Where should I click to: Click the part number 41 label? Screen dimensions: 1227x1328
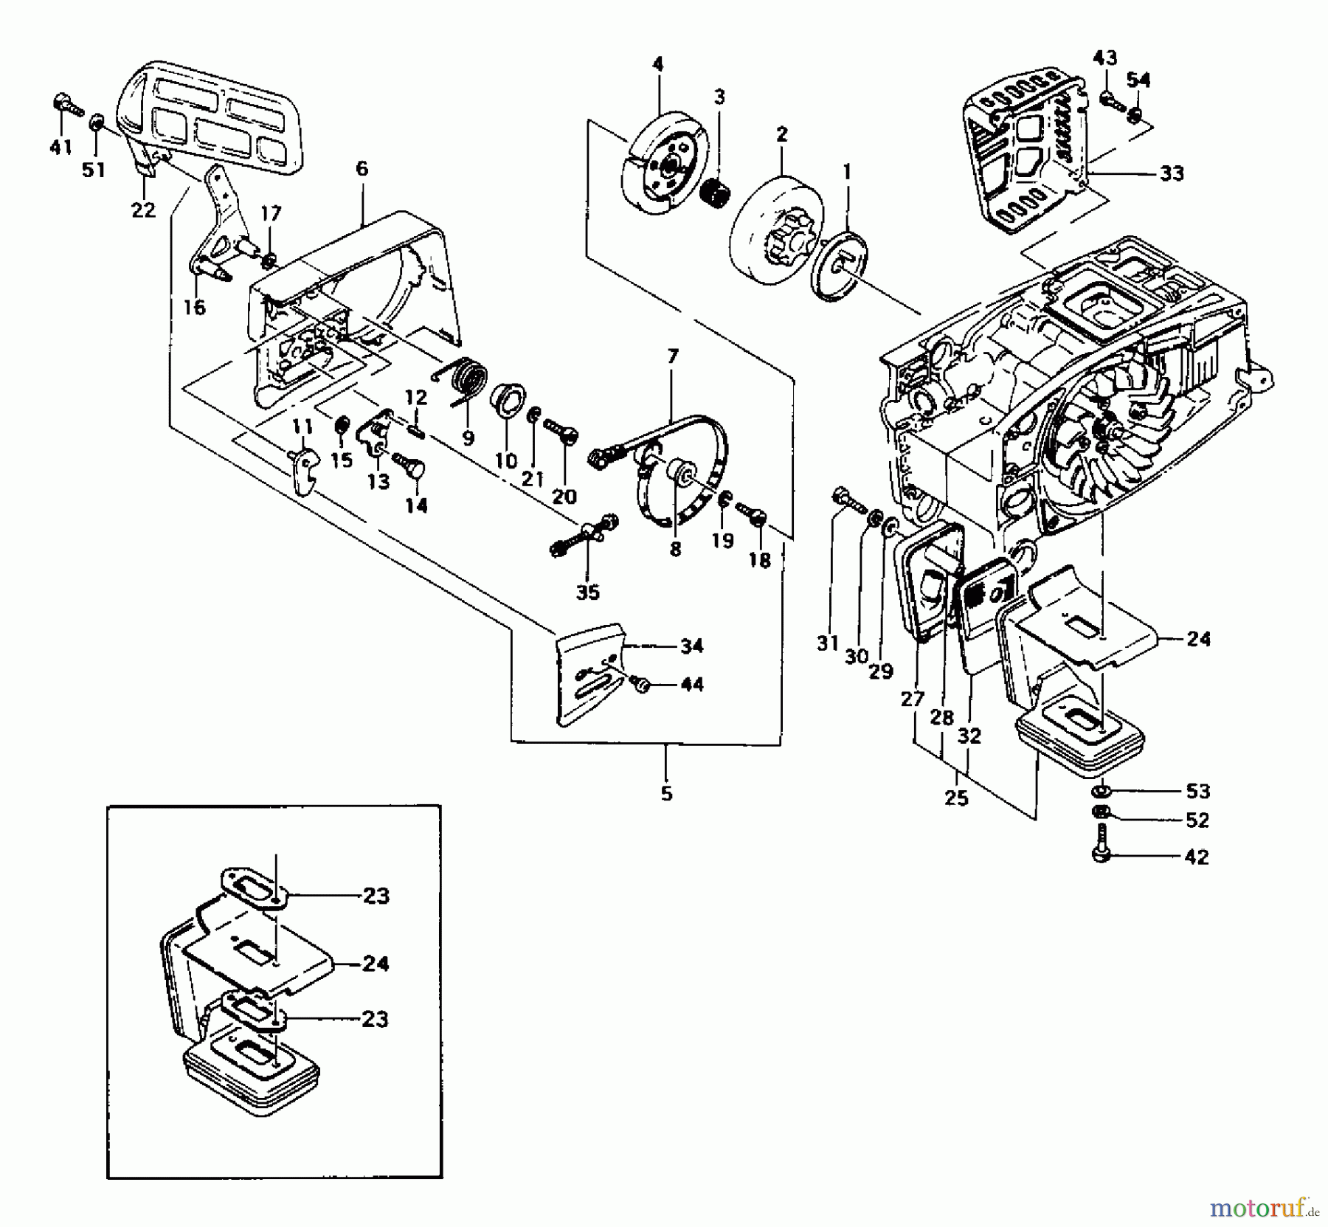[x=60, y=147]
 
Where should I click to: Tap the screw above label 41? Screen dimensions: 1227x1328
[x=63, y=105]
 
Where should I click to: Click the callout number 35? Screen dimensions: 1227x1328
[x=587, y=592]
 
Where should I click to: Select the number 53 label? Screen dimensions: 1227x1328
[x=1197, y=791]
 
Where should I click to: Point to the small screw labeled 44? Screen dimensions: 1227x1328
[x=641, y=685]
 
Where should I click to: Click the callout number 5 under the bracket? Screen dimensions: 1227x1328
[x=666, y=794]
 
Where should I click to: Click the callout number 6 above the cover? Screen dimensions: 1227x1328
[x=362, y=169]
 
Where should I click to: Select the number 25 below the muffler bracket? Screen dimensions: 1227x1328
[x=956, y=798]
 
